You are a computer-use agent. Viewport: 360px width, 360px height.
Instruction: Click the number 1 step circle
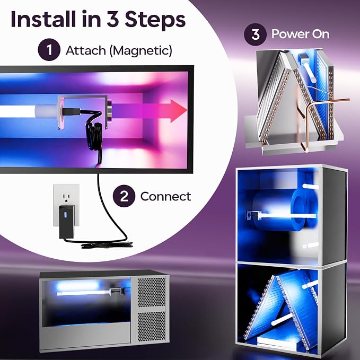pyautogui.click(x=49, y=50)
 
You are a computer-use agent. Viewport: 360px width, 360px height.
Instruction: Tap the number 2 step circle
pyautogui.click(x=124, y=196)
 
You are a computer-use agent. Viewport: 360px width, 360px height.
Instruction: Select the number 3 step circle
pyautogui.click(x=255, y=34)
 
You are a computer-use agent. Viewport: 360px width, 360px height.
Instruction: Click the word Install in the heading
pyautogui.click(x=43, y=19)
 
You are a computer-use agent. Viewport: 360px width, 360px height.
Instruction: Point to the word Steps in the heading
pyautogui.click(x=155, y=19)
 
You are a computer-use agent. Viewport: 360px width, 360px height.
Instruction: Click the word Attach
pyautogui.click(x=86, y=50)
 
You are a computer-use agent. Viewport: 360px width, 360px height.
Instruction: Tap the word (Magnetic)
pyautogui.click(x=141, y=51)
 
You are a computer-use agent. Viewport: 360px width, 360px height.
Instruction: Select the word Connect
pyautogui.click(x=165, y=197)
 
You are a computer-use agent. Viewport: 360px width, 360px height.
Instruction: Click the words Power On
pyautogui.click(x=300, y=34)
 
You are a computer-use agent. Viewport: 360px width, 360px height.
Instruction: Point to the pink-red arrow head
pyautogui.click(x=178, y=111)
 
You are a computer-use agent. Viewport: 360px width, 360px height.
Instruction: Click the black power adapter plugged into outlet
pyautogui.click(x=67, y=222)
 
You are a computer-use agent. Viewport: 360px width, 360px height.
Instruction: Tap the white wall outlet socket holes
pyautogui.click(x=66, y=198)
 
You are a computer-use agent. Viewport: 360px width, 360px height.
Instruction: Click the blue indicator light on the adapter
pyautogui.click(x=65, y=215)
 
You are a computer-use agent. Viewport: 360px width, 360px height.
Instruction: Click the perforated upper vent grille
pyautogui.click(x=151, y=292)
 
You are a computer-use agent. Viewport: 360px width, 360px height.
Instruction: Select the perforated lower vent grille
pyautogui.click(x=151, y=326)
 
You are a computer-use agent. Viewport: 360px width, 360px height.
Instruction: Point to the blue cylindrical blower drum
pyautogui.click(x=284, y=209)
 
